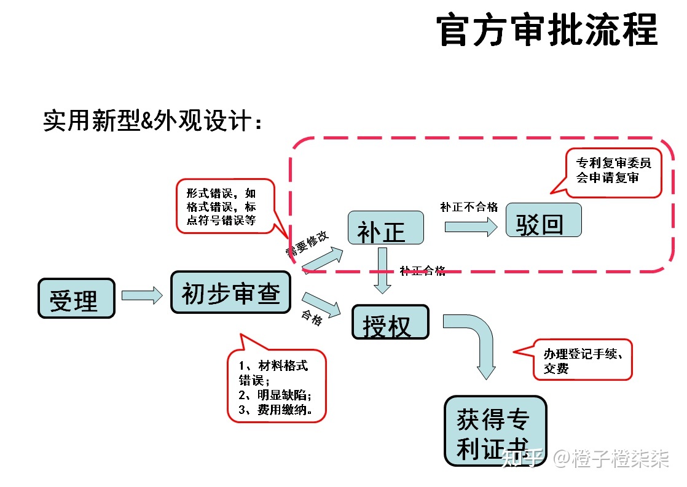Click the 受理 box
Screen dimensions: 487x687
click(76, 298)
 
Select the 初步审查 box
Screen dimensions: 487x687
click(231, 292)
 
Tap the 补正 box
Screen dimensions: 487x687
click(386, 228)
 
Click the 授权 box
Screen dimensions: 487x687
click(390, 322)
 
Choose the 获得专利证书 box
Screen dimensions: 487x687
click(495, 431)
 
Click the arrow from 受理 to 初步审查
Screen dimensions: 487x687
click(142, 296)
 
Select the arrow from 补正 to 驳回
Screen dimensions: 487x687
click(470, 227)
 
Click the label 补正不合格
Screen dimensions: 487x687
click(469, 207)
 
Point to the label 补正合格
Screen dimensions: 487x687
click(423, 271)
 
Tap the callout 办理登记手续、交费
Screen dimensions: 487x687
click(581, 360)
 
